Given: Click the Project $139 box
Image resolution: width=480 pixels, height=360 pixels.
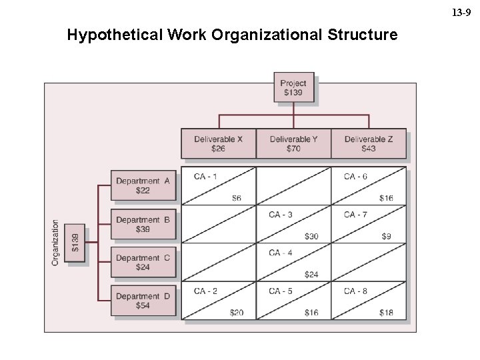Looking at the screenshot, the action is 293,88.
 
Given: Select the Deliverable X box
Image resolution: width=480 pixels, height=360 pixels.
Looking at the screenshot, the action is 218,143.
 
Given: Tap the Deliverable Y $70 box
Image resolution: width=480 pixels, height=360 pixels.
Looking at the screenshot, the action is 293,143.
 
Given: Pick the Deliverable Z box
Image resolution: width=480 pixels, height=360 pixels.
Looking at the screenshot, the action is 368,143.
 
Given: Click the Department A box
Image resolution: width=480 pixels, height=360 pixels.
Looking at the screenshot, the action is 143,185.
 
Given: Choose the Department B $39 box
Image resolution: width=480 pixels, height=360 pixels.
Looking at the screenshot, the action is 143,224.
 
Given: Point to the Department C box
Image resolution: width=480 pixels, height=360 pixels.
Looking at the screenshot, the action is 143,262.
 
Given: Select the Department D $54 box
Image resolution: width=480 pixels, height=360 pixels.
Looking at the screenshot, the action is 143,301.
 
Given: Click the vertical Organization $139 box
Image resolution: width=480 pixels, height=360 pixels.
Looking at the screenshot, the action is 75,243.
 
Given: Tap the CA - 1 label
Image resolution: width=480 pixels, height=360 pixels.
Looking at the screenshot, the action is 205,177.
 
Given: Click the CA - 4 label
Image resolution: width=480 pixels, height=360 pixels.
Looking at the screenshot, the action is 281,253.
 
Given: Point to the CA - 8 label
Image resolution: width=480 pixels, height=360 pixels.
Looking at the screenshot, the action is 355,291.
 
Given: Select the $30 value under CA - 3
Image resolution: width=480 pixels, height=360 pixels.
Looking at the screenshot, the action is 311,236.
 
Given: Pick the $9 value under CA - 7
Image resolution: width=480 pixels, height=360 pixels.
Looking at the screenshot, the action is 387,236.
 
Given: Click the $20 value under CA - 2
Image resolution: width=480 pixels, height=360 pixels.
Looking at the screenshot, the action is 237,313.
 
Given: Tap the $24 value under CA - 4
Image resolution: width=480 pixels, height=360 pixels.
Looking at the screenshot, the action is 311,274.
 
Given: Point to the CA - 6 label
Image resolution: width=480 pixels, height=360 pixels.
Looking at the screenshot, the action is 355,177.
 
